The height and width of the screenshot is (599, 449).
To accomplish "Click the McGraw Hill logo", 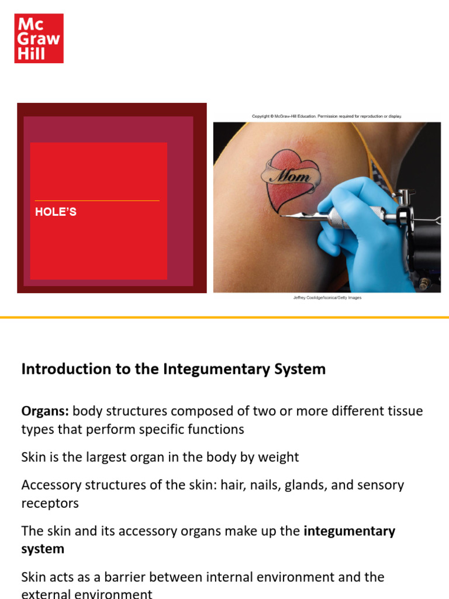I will click(39, 38).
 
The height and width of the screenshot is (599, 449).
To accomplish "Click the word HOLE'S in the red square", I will click(56, 212).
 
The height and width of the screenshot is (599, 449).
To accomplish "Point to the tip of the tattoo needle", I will click(281, 215).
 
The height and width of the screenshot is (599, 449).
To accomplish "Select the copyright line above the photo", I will click(327, 116).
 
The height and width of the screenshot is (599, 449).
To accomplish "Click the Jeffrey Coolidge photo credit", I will click(327, 298).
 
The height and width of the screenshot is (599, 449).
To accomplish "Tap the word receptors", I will click(50, 503).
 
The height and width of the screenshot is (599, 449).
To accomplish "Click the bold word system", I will click(43, 549).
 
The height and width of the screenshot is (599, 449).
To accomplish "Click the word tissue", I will click(404, 411).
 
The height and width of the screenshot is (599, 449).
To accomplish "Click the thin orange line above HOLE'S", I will click(97, 201).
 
